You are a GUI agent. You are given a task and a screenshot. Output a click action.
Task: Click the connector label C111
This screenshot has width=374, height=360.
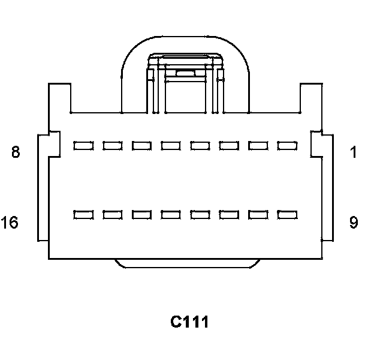coord(189,322)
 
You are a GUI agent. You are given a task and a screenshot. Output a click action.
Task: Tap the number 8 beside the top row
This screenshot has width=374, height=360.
coord(16,152)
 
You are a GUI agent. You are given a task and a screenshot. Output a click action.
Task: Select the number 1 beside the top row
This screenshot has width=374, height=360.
coord(354,152)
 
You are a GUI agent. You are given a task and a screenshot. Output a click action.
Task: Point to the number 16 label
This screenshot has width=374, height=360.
coord(10,223)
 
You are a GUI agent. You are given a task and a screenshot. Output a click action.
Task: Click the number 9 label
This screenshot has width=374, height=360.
coord(354,223)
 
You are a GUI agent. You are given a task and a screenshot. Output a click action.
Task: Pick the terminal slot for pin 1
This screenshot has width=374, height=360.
coord(288,145)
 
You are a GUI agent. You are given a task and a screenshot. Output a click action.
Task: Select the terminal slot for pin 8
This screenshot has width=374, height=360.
coord(83,145)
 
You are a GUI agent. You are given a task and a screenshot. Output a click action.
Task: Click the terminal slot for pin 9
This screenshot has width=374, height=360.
coord(288,214)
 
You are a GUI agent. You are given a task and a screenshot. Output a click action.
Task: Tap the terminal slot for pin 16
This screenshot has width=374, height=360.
coord(83,214)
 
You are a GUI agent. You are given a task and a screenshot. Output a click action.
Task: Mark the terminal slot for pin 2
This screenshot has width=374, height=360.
coord(258,145)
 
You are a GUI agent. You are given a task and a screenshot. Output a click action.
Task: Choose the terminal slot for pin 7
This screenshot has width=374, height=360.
coord(112,145)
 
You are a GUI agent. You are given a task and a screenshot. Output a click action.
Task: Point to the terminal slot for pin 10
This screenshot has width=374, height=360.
coord(258,214)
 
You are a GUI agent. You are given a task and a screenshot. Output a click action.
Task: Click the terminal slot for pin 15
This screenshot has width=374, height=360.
coord(112,214)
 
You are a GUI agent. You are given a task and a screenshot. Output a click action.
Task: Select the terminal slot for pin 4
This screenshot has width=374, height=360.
coord(200,145)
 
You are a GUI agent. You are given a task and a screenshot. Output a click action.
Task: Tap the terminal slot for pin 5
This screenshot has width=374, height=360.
coord(171,145)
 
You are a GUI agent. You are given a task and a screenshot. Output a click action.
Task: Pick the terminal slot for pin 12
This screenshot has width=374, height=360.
coord(200,214)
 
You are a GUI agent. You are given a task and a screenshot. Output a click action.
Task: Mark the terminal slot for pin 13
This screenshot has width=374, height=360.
coord(171,214)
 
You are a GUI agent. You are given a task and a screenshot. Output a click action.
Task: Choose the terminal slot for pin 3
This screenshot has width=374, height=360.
coord(229,145)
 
